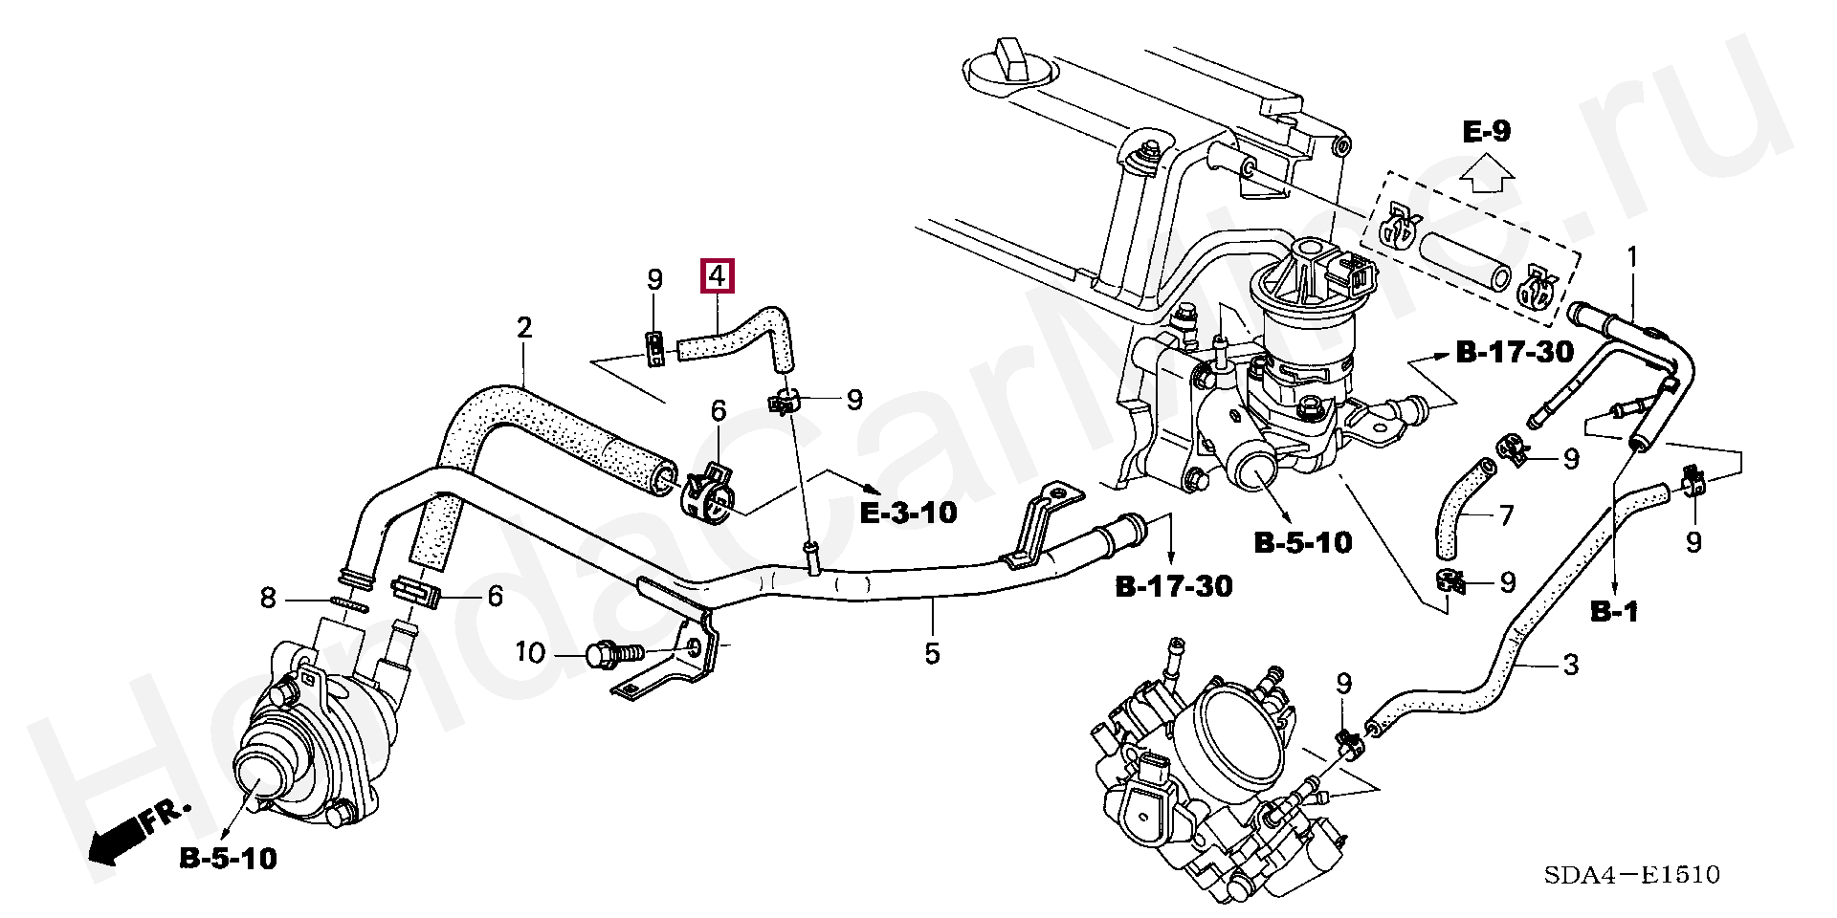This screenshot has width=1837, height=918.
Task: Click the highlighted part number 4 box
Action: click(x=718, y=276)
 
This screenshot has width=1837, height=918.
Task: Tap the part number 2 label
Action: click(x=523, y=329)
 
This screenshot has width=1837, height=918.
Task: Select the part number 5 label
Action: click(x=932, y=654)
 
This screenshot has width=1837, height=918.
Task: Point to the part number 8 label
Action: click(x=268, y=600)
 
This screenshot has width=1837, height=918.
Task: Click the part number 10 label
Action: click(x=530, y=654)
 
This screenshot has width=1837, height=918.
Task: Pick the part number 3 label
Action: click(x=1570, y=665)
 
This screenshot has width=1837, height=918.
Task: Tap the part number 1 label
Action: click(x=1632, y=256)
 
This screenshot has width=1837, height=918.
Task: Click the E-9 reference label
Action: click(x=1486, y=131)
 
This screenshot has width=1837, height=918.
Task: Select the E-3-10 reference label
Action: click(x=908, y=513)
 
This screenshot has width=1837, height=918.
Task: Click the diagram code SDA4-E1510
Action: click(x=1643, y=875)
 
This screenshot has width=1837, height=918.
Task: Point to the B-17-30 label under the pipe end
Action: click(x=1174, y=584)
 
